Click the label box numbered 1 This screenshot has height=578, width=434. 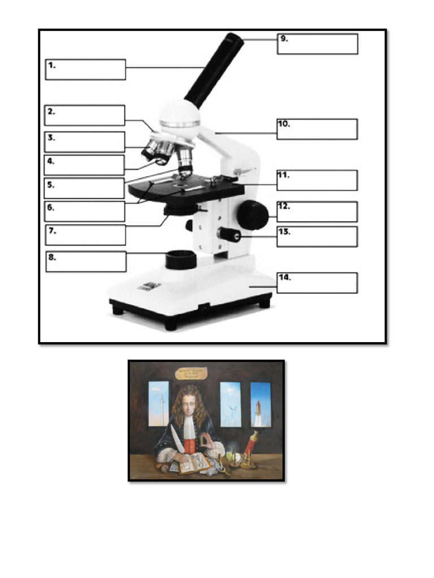85,69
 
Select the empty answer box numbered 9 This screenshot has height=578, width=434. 317,44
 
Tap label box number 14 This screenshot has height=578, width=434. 317,283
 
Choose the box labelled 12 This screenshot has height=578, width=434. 317,212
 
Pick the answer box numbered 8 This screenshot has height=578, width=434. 86,261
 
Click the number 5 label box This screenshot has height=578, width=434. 84,188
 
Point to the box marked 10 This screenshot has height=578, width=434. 317,129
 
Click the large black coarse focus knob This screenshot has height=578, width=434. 252,214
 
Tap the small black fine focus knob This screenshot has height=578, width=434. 229,234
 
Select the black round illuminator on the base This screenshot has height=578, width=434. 181,260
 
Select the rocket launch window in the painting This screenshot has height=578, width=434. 261,404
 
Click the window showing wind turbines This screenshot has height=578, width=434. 230,404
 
